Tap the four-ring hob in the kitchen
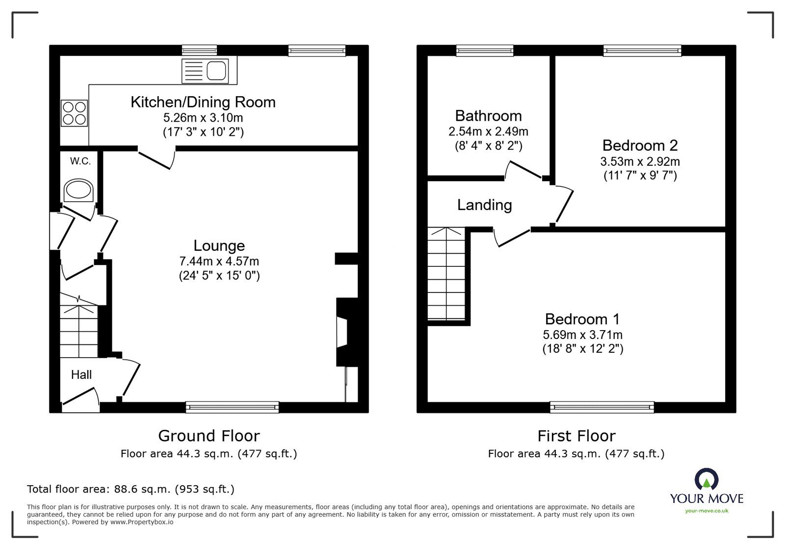coord(75,113)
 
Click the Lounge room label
coord(219,246)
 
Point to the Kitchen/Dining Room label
coord(203,102)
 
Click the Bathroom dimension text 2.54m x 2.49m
coord(488,131)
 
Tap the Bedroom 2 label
coord(640,145)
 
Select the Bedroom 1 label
coord(582,319)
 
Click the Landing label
coord(484,205)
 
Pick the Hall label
coord(81,375)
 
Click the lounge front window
coord(232,407)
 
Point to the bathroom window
coord(485,50)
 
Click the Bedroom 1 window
coord(602,407)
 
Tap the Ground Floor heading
coord(209,436)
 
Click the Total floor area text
coord(131,489)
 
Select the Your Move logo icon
coord(706,480)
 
